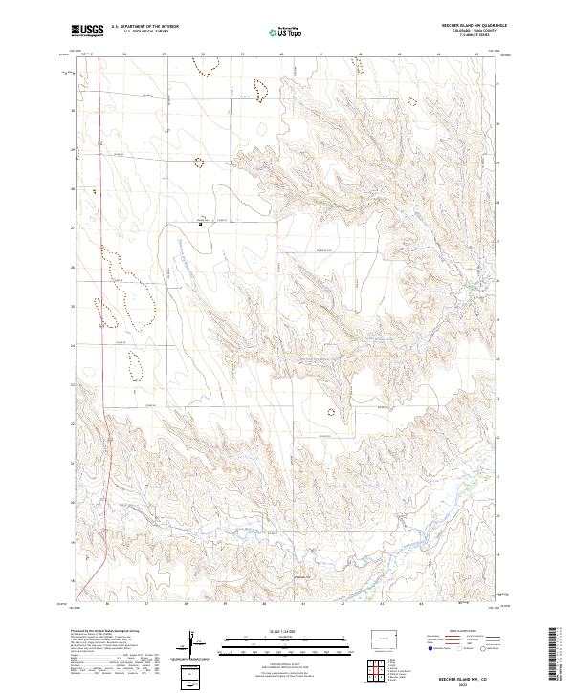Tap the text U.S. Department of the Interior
pos(144,27)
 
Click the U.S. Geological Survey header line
pos(144,32)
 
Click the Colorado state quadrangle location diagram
pos(387,637)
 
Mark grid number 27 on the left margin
pos(75,228)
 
